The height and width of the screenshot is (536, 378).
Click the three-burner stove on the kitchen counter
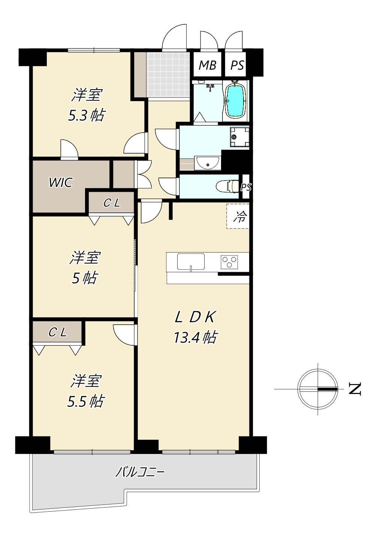(229, 262)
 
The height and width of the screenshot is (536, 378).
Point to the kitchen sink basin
(191, 261)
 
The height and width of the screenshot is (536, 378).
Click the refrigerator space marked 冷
(238, 216)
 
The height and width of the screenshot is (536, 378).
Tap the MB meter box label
(208, 65)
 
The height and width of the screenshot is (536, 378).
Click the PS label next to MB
(237, 65)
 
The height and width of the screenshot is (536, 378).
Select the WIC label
(60, 182)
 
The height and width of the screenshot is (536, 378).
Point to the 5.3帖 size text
(86, 115)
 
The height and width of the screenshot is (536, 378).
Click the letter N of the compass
(355, 389)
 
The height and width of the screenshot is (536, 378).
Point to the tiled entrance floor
(168, 75)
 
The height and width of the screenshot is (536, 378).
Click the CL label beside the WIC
(112, 203)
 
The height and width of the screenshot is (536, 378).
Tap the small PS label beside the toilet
(246, 187)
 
